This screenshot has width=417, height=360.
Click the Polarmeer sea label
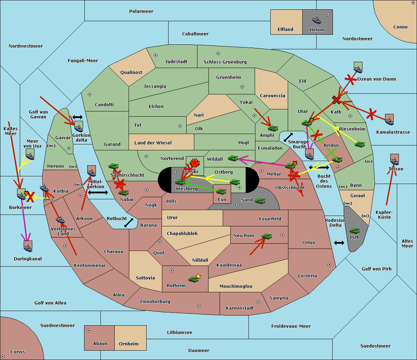pyautogui.click(x=141, y=11)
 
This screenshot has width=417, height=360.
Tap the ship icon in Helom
pyautogui.click(x=317, y=20)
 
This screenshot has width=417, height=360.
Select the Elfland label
pyautogui.click(x=285, y=30)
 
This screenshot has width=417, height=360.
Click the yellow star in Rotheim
pyautogui.click(x=198, y=276)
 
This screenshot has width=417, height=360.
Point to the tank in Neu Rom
pyautogui.click(x=267, y=236)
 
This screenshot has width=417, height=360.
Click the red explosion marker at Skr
pyautogui.click(x=195, y=163)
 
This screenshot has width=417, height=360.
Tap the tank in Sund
pyautogui.click(x=260, y=201)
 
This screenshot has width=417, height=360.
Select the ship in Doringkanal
pyautogui.click(x=28, y=246)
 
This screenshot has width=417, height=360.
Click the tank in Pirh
pyautogui.click(x=354, y=231)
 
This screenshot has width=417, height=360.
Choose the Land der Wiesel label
pyautogui.click(x=153, y=143)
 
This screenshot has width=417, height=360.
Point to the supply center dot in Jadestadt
pyautogui.click(x=156, y=55)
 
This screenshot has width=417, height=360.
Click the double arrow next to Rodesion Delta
pyautogui.click(x=339, y=243)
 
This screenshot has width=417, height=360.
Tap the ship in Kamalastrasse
pyautogui.click(x=389, y=120)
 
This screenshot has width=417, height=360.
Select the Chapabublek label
pyautogui.click(x=182, y=234)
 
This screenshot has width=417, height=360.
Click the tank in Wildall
pyautogui.click(x=233, y=158)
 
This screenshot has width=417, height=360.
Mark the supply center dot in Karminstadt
pyautogui.click(x=258, y=302)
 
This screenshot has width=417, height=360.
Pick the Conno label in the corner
pyautogui.click(x=400, y=27)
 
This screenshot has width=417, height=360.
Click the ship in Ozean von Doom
pyautogui.click(x=358, y=68)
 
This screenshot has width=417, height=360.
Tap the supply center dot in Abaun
pyautogui.click(x=89, y=330)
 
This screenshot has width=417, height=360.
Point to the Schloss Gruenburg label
pyautogui.click(x=225, y=62)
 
